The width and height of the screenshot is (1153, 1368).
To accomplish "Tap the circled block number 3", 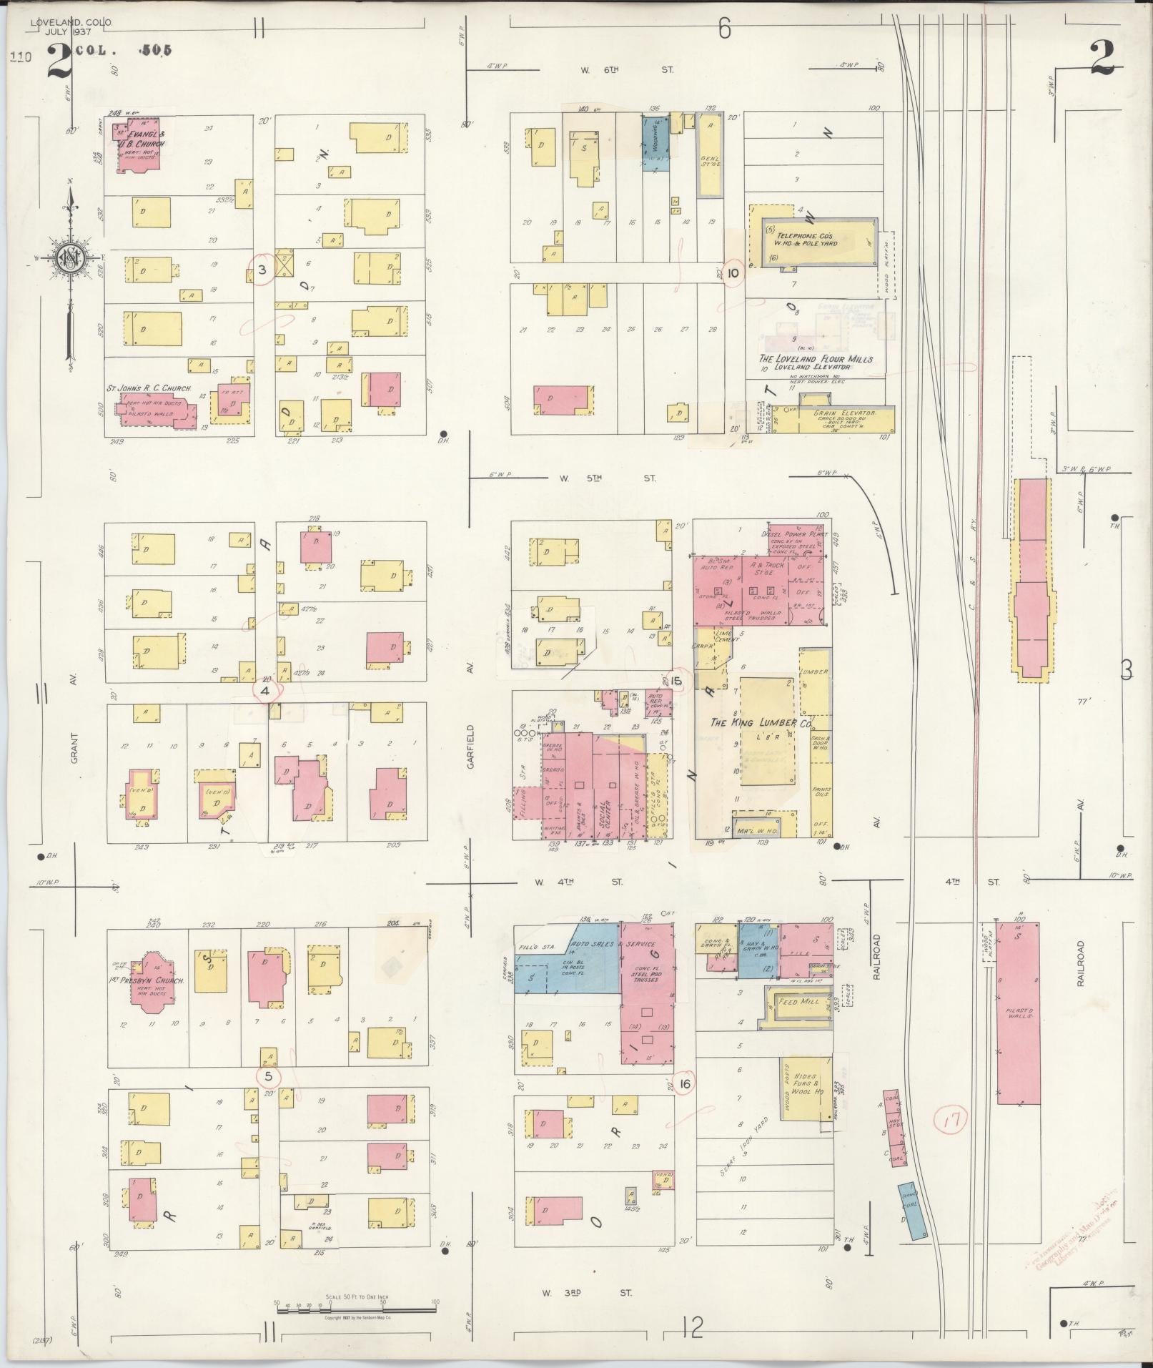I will point(262,270).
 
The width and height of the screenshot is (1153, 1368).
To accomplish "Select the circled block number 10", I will point(733,272).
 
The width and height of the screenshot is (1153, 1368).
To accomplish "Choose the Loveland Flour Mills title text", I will point(816,359).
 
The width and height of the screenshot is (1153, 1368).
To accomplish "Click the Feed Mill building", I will point(799,1003).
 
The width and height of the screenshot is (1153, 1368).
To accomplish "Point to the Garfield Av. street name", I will point(470,747).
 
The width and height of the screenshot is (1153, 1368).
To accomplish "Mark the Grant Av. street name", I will point(74,747).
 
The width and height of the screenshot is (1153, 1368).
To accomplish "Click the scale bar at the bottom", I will point(356,1309).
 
